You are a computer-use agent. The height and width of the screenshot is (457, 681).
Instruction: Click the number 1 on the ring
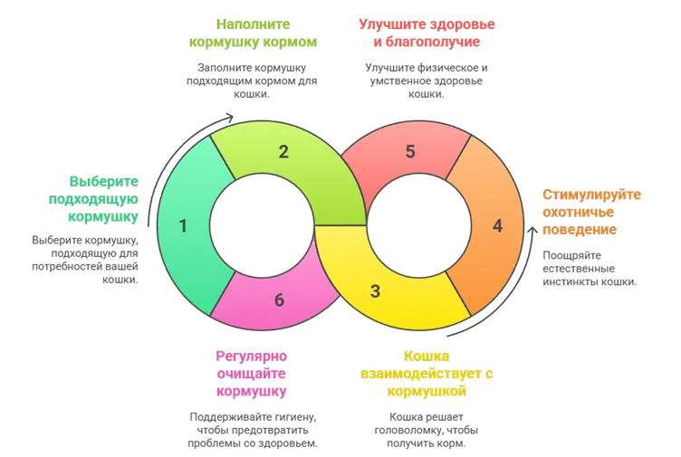click(x=183, y=226)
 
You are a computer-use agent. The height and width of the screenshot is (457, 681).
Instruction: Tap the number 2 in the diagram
click(x=283, y=152)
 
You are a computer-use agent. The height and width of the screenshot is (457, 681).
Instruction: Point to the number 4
click(x=496, y=226)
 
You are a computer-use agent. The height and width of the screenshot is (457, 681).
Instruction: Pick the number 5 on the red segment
click(x=410, y=152)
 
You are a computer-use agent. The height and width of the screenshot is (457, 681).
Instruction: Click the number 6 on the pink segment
click(x=279, y=300)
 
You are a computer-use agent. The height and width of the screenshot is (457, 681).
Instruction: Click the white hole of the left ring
click(x=263, y=225)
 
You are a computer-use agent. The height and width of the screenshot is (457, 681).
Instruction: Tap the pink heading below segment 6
click(x=252, y=373)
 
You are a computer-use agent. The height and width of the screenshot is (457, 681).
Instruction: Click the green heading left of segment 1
click(x=101, y=199)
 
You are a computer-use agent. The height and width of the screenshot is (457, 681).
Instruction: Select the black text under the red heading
click(x=426, y=78)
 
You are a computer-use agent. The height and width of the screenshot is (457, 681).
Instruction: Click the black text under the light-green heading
click(x=250, y=78)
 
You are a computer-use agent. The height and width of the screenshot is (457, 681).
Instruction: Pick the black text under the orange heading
click(x=589, y=268)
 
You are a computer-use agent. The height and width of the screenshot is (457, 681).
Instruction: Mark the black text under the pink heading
click(x=251, y=428)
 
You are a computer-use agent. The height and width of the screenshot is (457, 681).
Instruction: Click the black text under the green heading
click(x=86, y=259)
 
